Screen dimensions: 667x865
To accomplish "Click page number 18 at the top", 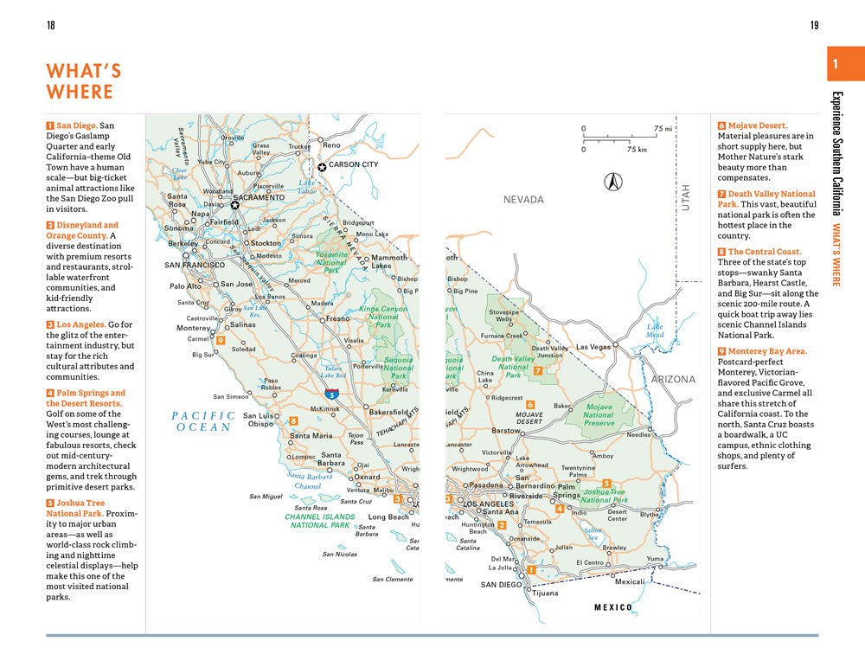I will click(x=50, y=25).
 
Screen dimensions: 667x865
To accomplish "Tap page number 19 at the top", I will click(x=814, y=25).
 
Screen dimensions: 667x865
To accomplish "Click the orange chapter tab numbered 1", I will click(x=835, y=65).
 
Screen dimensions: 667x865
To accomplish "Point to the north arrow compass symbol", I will click(x=613, y=181).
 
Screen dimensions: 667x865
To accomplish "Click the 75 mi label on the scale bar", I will click(x=663, y=129).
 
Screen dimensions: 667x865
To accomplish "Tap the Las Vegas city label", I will click(x=593, y=347).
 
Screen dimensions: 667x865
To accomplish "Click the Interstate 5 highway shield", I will click(x=333, y=394).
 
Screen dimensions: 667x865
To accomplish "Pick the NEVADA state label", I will click(x=524, y=200).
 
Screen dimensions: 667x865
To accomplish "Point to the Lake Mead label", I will click(x=656, y=330).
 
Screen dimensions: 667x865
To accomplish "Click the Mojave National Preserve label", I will click(x=599, y=415).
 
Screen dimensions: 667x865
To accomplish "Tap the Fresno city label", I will click(x=337, y=318).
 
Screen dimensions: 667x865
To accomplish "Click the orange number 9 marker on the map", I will click(x=221, y=340).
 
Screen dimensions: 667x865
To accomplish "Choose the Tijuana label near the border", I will click(x=545, y=593).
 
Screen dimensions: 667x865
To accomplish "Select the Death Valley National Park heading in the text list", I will click(x=766, y=199).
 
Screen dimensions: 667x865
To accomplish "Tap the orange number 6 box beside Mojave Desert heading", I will click(x=721, y=125).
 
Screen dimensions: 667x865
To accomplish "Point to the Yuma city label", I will click(x=656, y=559).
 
